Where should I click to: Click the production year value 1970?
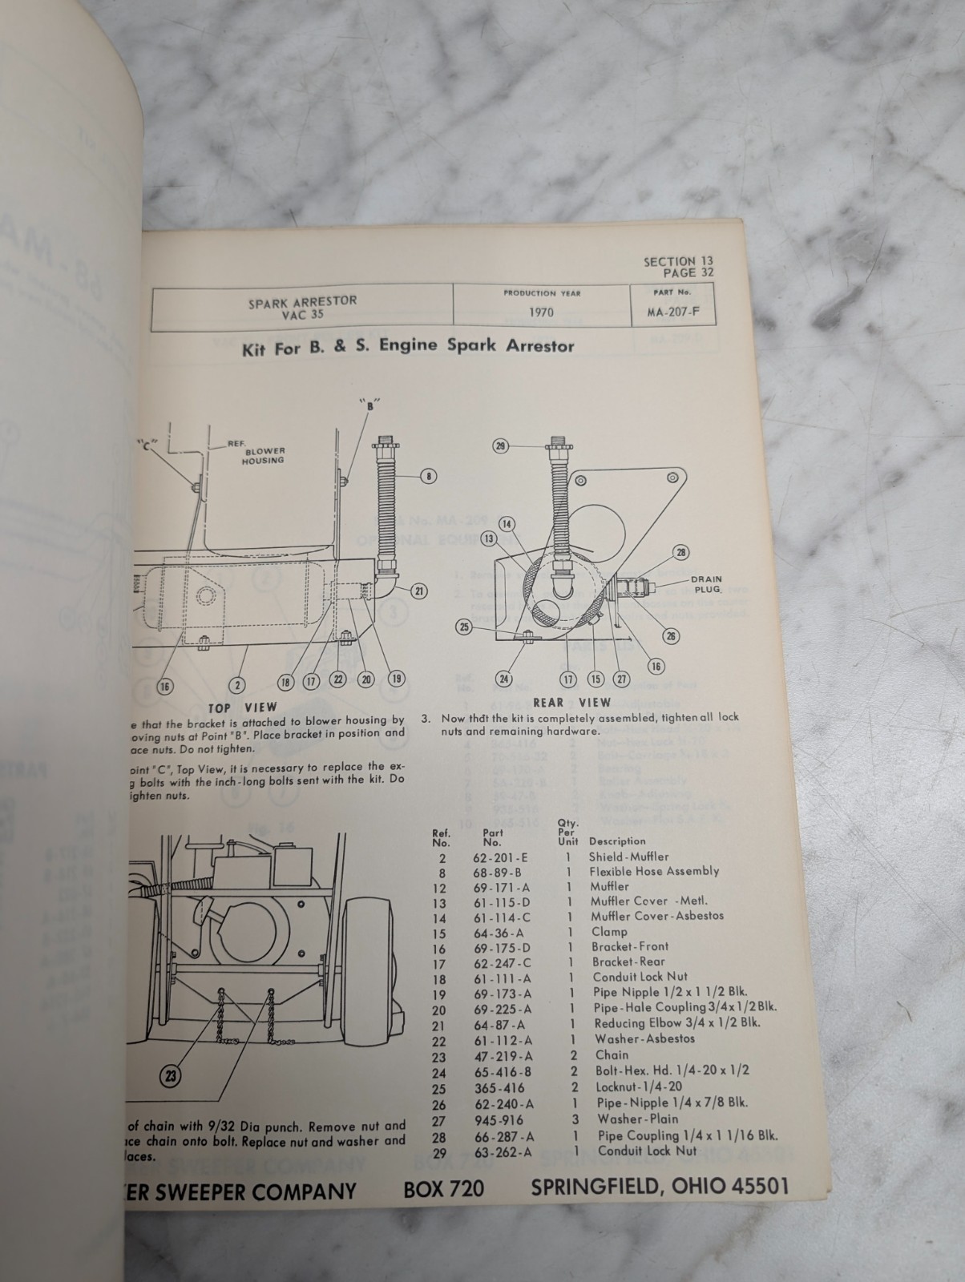[541, 312]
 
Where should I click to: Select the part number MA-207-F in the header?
[672, 312]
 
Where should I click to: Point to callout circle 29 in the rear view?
[500, 445]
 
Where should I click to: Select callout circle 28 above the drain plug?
[681, 552]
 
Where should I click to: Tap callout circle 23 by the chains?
[170, 1076]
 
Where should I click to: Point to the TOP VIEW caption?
[242, 708]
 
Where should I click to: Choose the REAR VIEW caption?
[571, 703]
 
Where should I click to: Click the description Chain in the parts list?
[612, 1055]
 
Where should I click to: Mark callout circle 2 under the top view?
[238, 685]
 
